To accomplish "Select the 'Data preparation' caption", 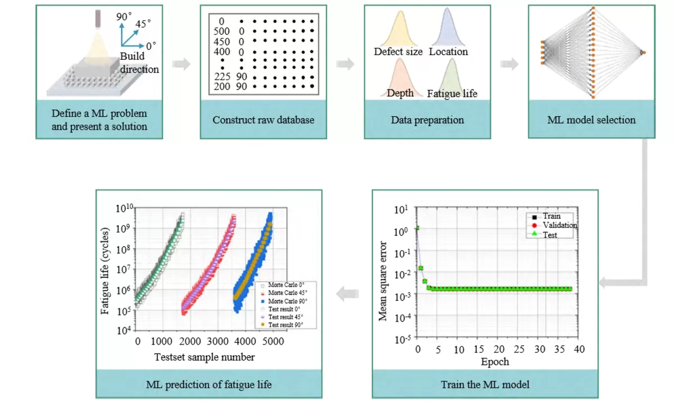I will [427, 120].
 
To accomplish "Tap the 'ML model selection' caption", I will [591, 120].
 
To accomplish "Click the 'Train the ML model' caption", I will [485, 385].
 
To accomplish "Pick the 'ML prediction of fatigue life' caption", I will [208, 385].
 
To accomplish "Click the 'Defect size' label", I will [398, 52].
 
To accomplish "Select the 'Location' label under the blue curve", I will [448, 52].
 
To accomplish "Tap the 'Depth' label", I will [400, 93].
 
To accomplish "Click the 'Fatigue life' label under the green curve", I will [452, 93].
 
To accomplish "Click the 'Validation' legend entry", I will [559, 225].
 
